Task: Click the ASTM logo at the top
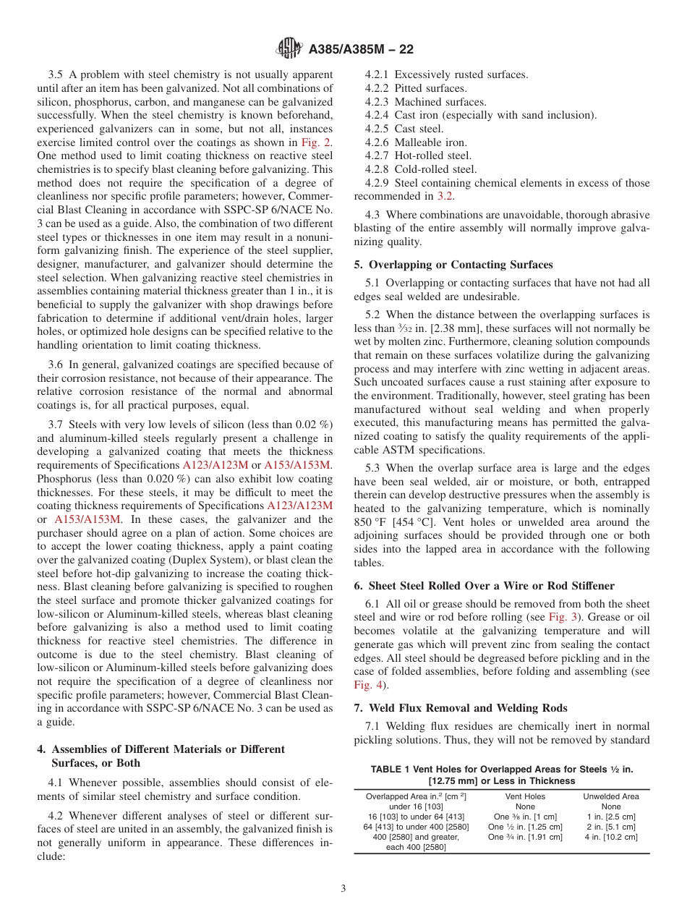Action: [x=289, y=49]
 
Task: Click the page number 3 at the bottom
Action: [x=343, y=888]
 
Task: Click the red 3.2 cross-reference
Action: [x=445, y=196]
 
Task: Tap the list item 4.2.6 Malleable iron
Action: [x=416, y=142]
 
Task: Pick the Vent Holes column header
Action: [x=525, y=796]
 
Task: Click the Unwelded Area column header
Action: [x=611, y=796]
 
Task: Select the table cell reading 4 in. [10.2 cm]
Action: [x=611, y=837]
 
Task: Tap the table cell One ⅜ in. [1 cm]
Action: [x=525, y=817]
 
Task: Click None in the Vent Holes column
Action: [x=525, y=806]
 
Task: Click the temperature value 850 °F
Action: [x=371, y=522]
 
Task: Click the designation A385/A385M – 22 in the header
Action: [x=361, y=50]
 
